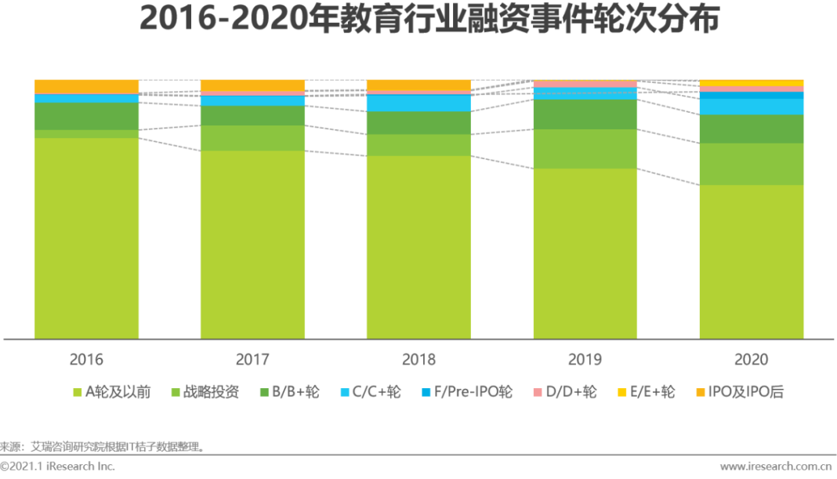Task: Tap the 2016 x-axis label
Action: coord(86,360)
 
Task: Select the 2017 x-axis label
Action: coord(252,360)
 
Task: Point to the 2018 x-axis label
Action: coord(418,360)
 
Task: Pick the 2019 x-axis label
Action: coord(585,360)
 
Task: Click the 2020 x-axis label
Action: coord(751,360)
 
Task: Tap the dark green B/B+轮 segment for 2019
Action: coord(585,114)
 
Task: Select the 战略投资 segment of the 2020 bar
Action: coord(751,164)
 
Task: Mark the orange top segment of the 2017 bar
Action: coord(252,85)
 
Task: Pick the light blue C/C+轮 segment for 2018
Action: coord(418,103)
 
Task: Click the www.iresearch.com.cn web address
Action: coord(776,466)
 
